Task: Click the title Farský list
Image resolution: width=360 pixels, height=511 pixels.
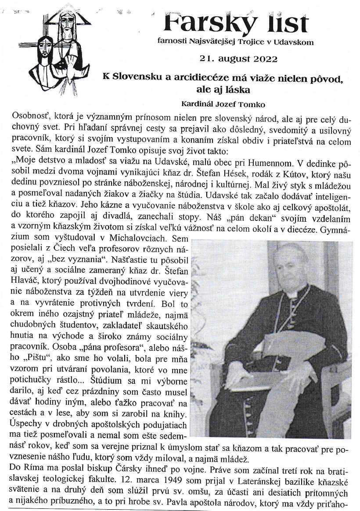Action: pos(236,23)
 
